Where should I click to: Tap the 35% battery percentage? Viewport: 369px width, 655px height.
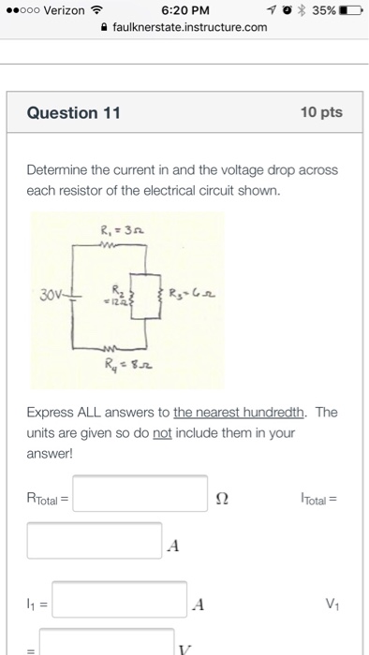coord(318,10)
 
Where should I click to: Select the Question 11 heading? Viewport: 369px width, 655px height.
coord(74,113)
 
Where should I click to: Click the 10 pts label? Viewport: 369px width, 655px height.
coord(321,113)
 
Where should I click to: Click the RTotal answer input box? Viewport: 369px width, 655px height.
coord(140,494)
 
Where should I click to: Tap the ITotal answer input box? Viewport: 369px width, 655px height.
coord(94,540)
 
